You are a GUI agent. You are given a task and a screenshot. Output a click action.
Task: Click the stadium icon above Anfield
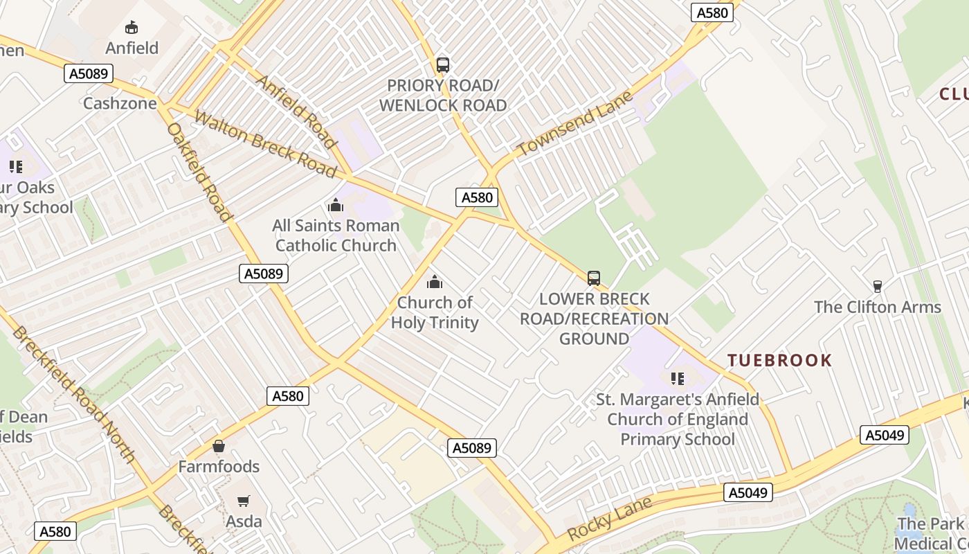pos(131,28)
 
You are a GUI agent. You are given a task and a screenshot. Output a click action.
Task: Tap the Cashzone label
pos(120,103)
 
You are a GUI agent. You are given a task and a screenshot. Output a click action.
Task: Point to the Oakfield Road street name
pos(199,172)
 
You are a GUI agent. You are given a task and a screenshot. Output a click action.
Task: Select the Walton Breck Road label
pos(265,143)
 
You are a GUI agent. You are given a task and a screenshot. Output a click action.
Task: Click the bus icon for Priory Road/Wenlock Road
pos(443,65)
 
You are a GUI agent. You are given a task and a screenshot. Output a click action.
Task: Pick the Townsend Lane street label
pos(575,123)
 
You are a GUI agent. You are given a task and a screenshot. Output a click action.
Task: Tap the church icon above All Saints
pos(336,205)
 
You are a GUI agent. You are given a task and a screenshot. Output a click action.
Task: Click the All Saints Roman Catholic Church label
pos(336,235)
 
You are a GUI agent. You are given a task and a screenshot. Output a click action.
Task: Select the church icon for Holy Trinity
pos(435,282)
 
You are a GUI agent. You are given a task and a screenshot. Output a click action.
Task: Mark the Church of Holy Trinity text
pos(435,312)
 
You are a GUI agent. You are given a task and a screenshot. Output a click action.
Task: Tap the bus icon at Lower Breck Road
pos(594,278)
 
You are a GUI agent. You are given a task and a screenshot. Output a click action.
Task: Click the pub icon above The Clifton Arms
pos(878,286)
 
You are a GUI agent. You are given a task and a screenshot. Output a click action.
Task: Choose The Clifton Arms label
pos(878,307)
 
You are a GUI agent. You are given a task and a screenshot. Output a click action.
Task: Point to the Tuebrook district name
pos(779,360)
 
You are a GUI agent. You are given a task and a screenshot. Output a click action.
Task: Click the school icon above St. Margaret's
pos(678,379)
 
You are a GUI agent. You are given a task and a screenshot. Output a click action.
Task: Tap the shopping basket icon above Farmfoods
pos(219,446)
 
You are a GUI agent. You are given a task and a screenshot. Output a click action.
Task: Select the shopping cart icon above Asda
pos(244,501)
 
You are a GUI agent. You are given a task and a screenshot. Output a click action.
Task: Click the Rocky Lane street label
pos(610,519)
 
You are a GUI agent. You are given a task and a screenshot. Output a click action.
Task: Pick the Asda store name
pos(244,521)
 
